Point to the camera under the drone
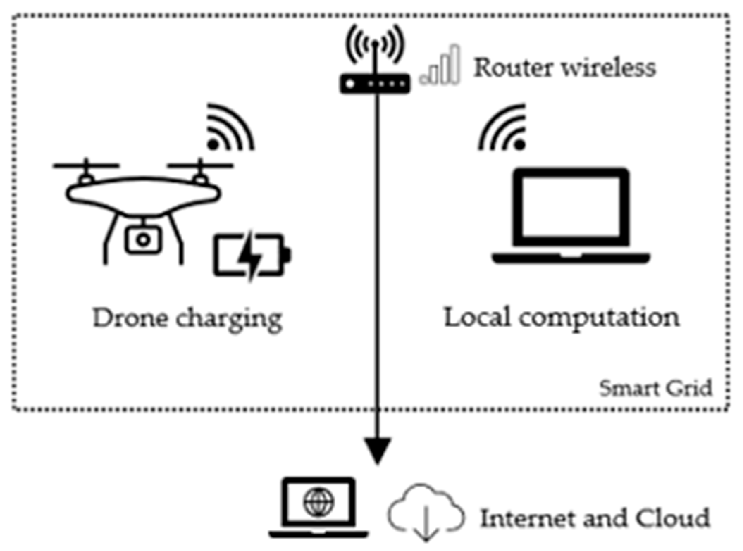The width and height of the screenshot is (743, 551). pos(143,240)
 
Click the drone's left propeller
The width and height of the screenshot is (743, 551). pos(86,165)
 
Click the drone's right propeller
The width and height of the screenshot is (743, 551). pos(200,165)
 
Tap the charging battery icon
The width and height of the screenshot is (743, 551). pos(252,255)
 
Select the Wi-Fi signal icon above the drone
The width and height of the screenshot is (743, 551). pos(229,129)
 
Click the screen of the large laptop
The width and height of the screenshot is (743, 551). pos(571,207)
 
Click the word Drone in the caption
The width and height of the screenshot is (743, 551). pos(130,318)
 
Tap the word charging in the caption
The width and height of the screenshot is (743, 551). pos(229,319)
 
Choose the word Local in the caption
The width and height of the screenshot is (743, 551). pos(477,317)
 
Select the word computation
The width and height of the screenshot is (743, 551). pos(599,318)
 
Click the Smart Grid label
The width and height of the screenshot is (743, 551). pos(656,388)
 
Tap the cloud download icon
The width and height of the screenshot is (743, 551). pos(426,514)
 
